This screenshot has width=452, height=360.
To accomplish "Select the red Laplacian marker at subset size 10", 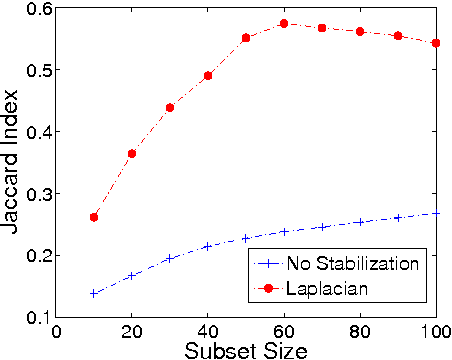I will (x=94, y=217).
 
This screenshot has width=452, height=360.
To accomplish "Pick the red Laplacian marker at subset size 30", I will (x=170, y=107).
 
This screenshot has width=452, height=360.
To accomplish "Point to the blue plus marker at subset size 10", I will (x=94, y=293).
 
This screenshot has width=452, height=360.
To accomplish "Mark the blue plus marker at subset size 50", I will (x=246, y=238).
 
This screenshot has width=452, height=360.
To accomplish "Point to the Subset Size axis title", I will (x=246, y=350).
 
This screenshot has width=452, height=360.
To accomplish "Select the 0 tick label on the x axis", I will (x=56, y=331).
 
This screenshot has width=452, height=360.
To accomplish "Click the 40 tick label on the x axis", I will (x=208, y=331).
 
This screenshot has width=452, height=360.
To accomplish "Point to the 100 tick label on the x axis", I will (x=434, y=331).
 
